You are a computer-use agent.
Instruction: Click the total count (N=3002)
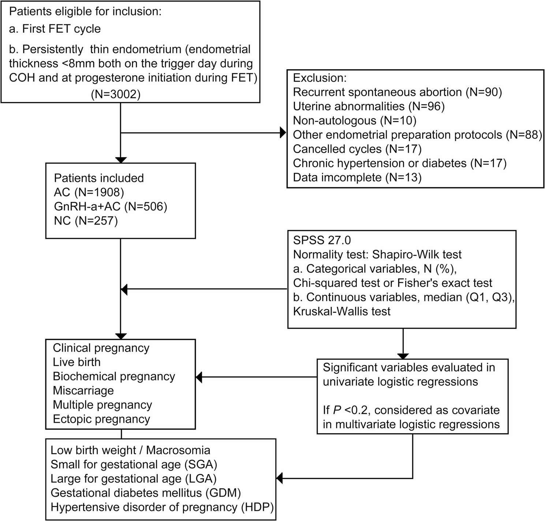click(x=116, y=94)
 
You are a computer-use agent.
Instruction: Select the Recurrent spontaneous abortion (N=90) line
click(x=397, y=92)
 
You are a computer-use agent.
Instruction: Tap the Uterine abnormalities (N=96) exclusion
click(x=369, y=106)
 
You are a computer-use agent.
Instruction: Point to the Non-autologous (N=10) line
click(x=355, y=120)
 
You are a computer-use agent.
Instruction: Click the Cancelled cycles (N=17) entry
click(x=357, y=149)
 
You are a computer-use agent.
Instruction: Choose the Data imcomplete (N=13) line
click(x=357, y=178)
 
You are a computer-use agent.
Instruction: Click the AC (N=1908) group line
click(x=89, y=192)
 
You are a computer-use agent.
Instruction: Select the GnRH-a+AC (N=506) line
click(x=111, y=206)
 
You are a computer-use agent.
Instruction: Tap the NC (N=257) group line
click(x=86, y=221)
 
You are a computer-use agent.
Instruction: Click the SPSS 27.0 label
click(x=322, y=240)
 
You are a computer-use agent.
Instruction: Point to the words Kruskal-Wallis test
click(x=342, y=312)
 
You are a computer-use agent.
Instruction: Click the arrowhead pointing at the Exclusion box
click(x=283, y=133)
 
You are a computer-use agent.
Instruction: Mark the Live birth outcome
click(x=76, y=362)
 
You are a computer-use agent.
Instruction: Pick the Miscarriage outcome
click(x=83, y=391)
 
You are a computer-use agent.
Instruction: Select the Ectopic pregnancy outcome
click(x=101, y=419)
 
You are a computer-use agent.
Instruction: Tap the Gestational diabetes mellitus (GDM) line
click(x=146, y=493)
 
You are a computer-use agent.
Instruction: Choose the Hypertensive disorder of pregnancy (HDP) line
click(x=162, y=507)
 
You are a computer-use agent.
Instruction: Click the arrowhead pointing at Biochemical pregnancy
click(x=199, y=377)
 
